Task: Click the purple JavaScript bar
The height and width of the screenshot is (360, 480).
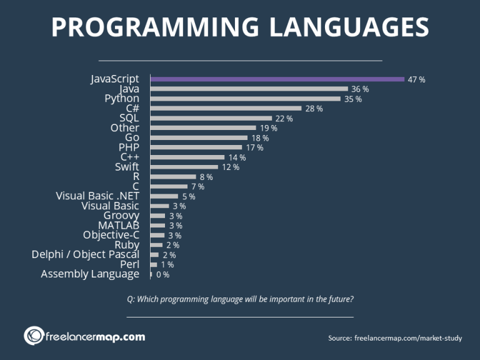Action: click(277, 79)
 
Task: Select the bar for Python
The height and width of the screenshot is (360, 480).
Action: click(246, 99)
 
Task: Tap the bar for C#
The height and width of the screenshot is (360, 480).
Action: click(226, 109)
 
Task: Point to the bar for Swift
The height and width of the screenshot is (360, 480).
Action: click(184, 167)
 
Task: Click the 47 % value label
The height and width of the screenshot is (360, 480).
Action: click(416, 79)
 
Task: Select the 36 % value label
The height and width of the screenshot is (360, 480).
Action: click(360, 89)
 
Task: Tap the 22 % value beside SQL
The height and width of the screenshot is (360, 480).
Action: click(284, 118)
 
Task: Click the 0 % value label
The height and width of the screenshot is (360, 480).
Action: click(162, 274)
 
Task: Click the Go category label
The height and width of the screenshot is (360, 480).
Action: click(132, 137)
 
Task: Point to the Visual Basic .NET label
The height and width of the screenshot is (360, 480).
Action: click(97, 196)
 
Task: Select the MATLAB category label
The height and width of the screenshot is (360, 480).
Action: click(119, 225)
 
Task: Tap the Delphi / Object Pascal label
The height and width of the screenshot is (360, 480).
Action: click(86, 254)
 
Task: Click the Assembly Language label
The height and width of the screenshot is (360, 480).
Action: click(90, 274)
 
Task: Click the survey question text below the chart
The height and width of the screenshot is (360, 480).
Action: click(240, 299)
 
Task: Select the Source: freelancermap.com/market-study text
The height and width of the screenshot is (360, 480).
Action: click(395, 338)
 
